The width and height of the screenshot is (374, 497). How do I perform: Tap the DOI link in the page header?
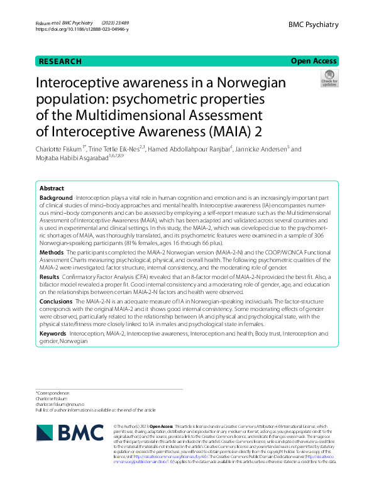pos(82,29)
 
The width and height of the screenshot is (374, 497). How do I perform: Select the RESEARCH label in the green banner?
pos(60,61)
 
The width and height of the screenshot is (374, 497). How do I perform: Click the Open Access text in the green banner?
pos(314,61)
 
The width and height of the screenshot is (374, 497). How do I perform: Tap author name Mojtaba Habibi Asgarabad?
pos(73,160)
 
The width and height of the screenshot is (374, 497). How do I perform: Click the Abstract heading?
pos(52,188)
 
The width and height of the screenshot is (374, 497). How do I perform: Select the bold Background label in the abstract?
pos(57,198)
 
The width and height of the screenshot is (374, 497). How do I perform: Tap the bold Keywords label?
pos(53,333)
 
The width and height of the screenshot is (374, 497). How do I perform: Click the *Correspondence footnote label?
pos(55,392)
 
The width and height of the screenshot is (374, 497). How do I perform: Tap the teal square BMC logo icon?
pos(46,433)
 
